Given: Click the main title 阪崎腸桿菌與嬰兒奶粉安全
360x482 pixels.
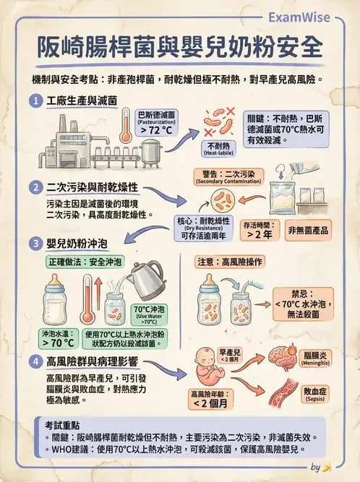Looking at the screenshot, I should [180, 48].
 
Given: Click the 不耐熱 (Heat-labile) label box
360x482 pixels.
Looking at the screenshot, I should [218, 149].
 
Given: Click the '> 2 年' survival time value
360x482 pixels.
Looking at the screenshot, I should [260, 234].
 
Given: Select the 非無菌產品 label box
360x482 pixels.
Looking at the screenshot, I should [309, 230].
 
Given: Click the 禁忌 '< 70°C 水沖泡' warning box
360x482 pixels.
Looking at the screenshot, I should [303, 304].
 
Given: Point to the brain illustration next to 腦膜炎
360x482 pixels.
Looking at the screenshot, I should [283, 357].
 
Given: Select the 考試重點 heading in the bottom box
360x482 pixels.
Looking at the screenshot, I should [62, 425].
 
